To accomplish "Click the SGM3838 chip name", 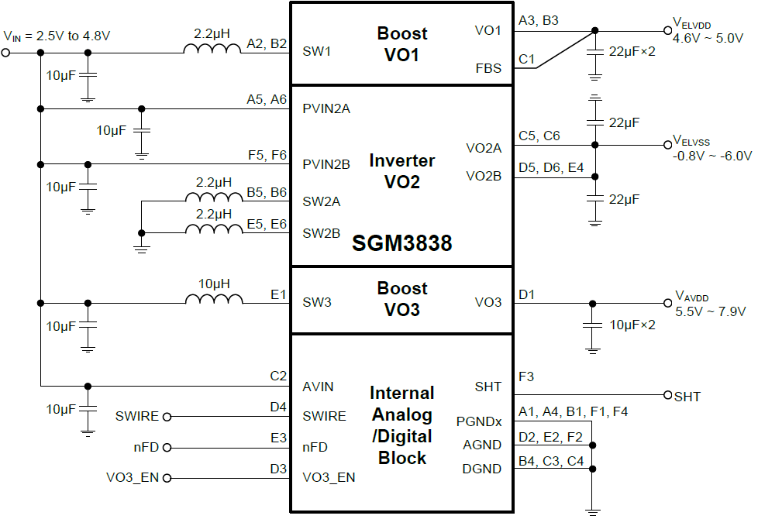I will [401, 243].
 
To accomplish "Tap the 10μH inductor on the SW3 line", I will [212, 301].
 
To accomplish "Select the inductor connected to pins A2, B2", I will [212, 51].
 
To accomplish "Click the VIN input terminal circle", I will [6, 53].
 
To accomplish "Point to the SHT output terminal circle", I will [668, 395].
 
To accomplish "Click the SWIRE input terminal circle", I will [166, 416].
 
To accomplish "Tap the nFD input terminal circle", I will [166, 447].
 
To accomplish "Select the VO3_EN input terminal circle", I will [166, 477].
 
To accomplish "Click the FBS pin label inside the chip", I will [488, 68].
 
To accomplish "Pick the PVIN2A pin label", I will [326, 108].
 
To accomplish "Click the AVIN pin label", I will [319, 387].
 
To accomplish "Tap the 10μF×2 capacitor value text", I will [632, 324].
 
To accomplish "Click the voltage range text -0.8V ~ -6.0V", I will [712, 155].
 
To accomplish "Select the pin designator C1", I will [527, 58].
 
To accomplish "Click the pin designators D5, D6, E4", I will [551, 167].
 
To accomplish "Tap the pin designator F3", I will [527, 377].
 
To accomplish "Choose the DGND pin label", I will [482, 468].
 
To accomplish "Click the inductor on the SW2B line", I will [212, 232].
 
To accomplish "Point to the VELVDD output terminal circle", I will [668, 32].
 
